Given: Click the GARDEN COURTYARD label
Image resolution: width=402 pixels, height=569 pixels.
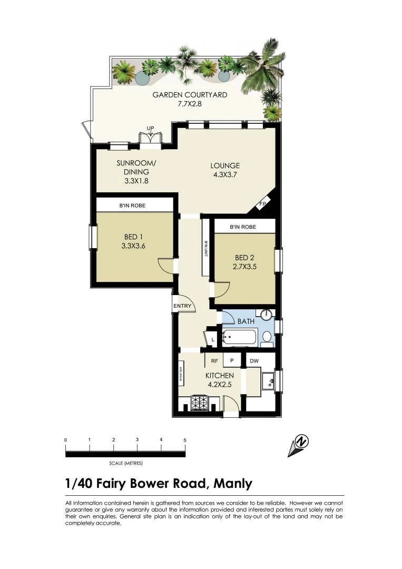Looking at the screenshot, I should pyautogui.click(x=190, y=95).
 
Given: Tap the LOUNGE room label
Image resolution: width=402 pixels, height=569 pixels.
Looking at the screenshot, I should pyautogui.click(x=225, y=166).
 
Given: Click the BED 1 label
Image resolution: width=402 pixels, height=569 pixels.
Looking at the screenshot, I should pyautogui.click(x=134, y=238).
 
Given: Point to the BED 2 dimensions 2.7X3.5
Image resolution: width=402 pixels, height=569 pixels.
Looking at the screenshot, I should pyautogui.click(x=244, y=267).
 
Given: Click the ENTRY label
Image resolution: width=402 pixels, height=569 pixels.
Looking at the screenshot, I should pyautogui.click(x=182, y=306).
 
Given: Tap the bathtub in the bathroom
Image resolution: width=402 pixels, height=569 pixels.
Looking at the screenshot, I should pyautogui.click(x=239, y=337).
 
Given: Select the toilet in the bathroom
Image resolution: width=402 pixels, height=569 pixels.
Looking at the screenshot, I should pyautogui.click(x=267, y=337).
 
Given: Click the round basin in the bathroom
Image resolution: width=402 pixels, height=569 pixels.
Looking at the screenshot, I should pyautogui.click(x=268, y=315).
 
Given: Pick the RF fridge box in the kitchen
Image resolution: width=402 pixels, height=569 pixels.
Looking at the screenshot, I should pyautogui.click(x=215, y=361).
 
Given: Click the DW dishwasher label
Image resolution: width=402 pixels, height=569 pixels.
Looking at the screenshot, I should pyautogui.click(x=254, y=361).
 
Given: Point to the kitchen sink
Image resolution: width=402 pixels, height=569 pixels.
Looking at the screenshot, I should pyautogui.click(x=268, y=380).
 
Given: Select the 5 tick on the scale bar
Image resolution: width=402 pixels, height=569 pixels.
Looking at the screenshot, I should pyautogui.click(x=184, y=439).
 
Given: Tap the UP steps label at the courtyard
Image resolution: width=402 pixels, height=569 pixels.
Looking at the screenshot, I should pyautogui.click(x=150, y=128).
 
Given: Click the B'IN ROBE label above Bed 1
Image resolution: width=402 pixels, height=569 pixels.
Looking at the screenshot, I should pyautogui.click(x=132, y=205).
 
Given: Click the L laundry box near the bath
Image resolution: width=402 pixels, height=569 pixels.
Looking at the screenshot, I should pyautogui.click(x=213, y=340).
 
